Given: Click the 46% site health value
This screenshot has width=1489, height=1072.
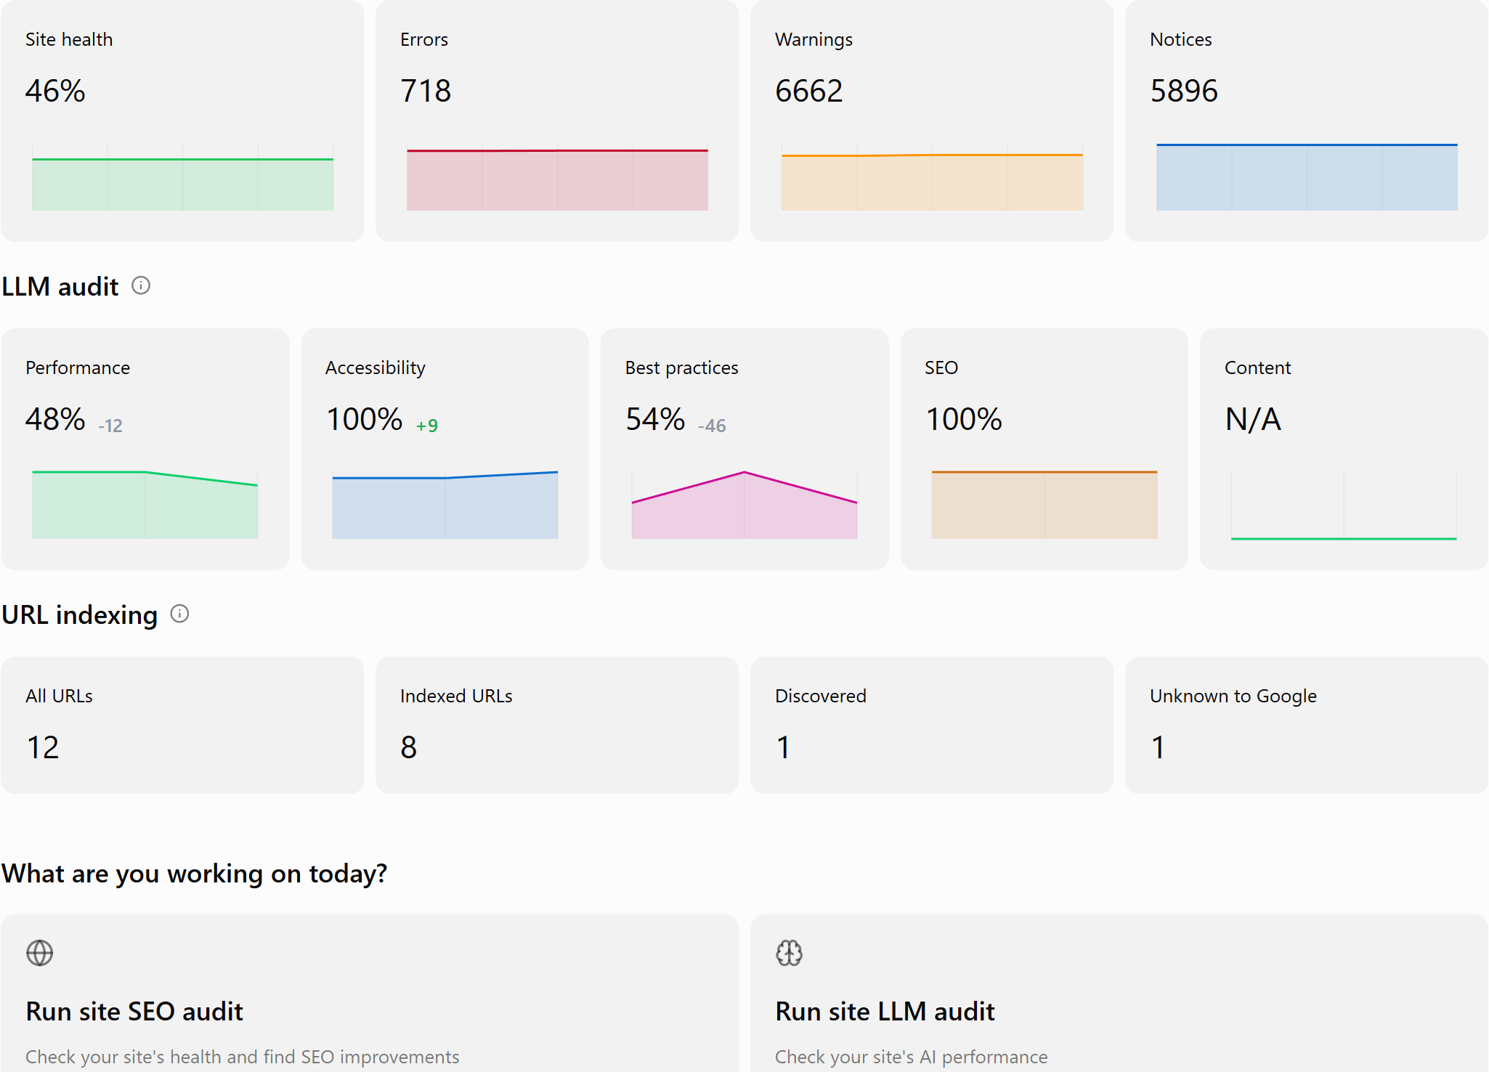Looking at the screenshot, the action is pos(55,91).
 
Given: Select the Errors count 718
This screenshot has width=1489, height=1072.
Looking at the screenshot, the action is pos(426,91).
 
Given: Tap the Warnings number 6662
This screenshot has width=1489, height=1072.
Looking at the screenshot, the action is pos(808,91).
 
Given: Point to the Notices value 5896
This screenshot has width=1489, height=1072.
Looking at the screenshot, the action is pos(1184,91).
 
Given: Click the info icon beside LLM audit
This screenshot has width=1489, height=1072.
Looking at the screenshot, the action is pos(141,285).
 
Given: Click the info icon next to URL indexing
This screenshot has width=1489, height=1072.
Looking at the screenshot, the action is pos(179,614).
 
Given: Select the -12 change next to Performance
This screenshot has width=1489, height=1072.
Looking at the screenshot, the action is pos(110,426).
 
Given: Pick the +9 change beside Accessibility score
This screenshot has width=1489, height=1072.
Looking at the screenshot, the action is pos(427,426).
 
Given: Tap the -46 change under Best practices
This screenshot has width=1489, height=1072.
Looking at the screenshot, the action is pos(712,426).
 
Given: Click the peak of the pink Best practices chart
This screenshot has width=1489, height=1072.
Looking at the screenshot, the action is pos(744,472).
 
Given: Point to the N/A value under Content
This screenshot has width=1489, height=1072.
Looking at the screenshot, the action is pos(1253,419).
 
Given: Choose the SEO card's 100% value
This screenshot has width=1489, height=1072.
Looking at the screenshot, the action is pos(964,419).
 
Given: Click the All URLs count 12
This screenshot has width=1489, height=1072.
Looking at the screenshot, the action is pos(43,747).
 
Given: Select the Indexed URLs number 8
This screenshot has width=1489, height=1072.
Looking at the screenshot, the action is pos(409,747).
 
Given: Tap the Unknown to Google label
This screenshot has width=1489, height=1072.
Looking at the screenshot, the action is pos(1233,696).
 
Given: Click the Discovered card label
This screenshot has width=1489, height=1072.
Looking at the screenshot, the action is pos(821,696).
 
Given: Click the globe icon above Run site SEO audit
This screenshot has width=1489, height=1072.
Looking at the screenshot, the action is pos(40,953).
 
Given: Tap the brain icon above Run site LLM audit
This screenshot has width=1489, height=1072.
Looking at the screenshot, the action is pos(790,953).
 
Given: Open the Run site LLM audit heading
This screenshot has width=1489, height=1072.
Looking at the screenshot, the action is pos(885,1011).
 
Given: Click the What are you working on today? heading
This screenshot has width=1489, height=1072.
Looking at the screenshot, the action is pos(195,873).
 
